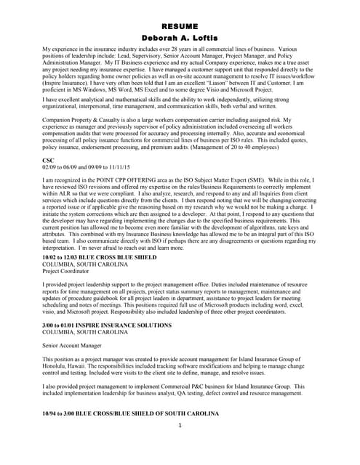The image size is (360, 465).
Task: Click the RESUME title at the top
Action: click(x=180, y=26)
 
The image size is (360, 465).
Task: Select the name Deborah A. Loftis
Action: click(x=180, y=38)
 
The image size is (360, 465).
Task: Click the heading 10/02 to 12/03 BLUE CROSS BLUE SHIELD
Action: click(x=100, y=257)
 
